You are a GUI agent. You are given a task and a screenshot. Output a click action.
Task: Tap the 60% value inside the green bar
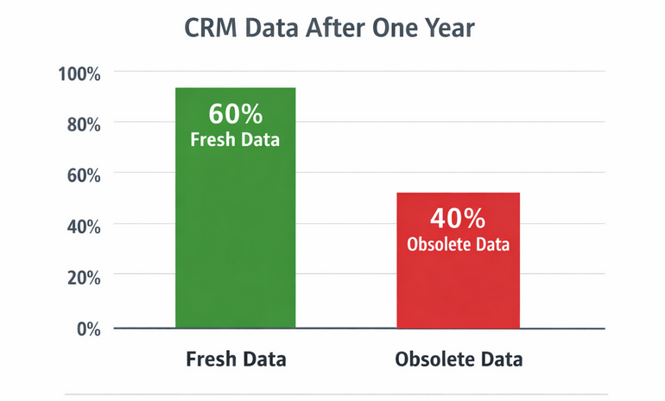(235, 114)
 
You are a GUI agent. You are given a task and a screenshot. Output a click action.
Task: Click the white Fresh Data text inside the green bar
(235, 139)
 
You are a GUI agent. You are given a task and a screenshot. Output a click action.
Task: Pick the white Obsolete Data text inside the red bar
(458, 245)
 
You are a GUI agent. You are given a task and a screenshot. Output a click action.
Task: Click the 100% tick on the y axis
(79, 73)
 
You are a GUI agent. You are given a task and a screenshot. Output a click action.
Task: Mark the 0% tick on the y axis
(87, 328)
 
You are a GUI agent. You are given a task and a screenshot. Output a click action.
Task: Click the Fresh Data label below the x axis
(236, 359)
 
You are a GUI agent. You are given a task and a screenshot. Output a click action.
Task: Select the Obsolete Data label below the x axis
(458, 359)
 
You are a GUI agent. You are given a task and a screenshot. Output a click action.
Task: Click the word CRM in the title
(212, 28)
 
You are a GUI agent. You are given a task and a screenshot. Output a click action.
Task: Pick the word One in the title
(393, 28)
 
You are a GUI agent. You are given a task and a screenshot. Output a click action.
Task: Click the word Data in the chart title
(270, 28)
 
